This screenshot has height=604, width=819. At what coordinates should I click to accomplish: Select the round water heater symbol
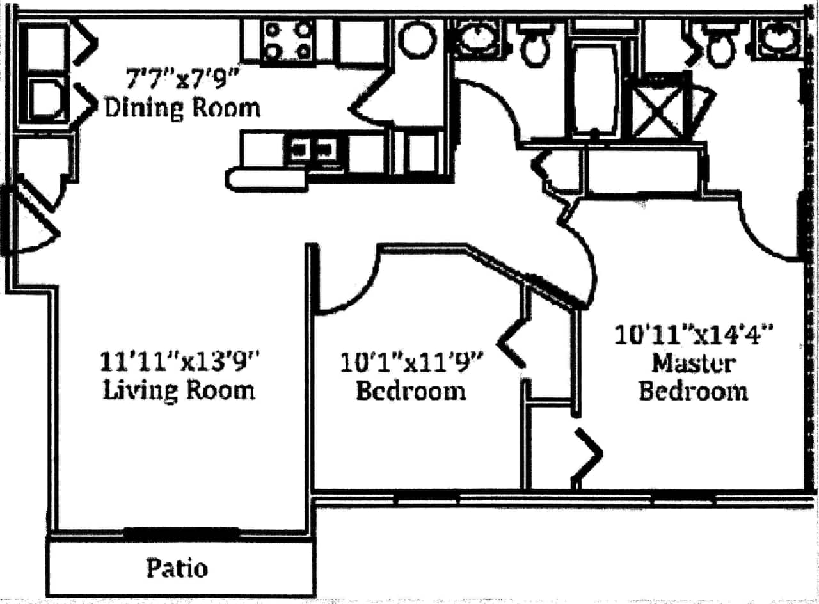(417, 38)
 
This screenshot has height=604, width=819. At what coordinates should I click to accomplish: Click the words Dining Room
(183, 107)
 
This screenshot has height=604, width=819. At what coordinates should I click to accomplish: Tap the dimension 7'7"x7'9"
(182, 81)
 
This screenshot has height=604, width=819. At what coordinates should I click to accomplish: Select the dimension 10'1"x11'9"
(411, 362)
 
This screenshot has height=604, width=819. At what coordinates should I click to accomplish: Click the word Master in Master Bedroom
(693, 363)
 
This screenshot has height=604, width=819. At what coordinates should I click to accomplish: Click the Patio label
(177, 568)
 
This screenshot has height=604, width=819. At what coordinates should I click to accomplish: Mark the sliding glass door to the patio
(181, 531)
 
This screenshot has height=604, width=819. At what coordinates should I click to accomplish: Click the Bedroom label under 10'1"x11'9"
(410, 390)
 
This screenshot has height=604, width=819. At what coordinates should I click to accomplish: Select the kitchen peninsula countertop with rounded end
(266, 179)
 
